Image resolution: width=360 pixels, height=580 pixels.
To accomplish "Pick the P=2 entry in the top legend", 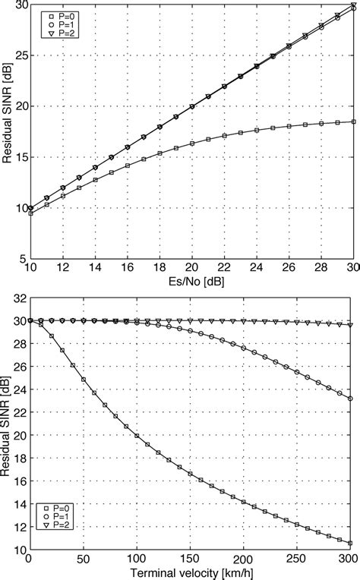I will point(56,33).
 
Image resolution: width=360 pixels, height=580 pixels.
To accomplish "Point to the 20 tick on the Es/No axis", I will point(192,269).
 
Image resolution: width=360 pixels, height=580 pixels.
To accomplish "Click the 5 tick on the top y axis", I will point(23,259).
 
